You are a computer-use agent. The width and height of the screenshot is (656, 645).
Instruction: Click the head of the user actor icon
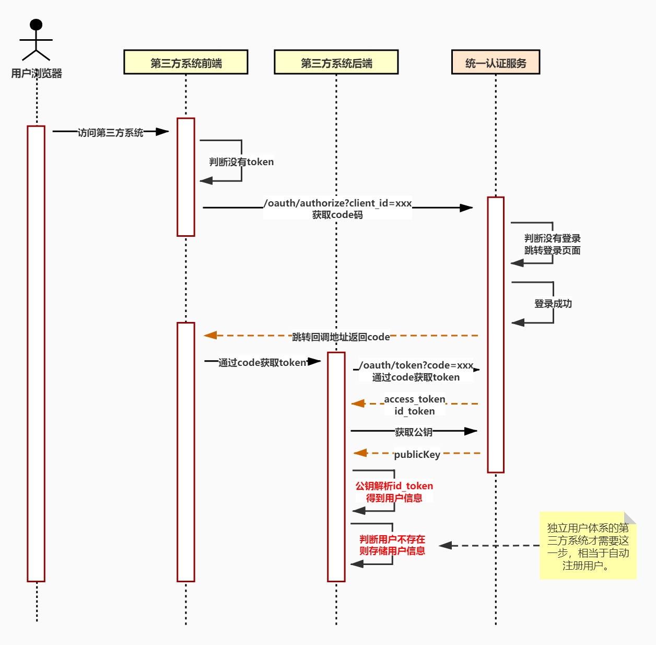pyautogui.click(x=36, y=25)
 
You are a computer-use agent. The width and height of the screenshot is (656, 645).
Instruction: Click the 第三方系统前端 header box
pyautogui.click(x=185, y=62)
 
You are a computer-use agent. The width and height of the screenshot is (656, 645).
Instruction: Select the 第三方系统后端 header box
pyautogui.click(x=336, y=62)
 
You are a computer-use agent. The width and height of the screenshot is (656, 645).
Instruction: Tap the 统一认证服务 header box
pyautogui.click(x=495, y=62)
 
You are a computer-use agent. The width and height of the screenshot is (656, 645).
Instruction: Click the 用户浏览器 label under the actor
pyautogui.click(x=37, y=74)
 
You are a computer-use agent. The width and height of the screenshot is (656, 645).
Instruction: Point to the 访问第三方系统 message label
pyautogui.click(x=110, y=133)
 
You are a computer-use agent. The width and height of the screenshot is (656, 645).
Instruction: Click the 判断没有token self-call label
pyautogui.click(x=241, y=162)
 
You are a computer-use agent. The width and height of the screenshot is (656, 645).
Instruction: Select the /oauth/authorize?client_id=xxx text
pyautogui.click(x=338, y=203)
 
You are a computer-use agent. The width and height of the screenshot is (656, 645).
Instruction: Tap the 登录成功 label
pyautogui.click(x=553, y=304)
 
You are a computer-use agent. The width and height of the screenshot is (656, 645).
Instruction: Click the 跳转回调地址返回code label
pyautogui.click(x=341, y=337)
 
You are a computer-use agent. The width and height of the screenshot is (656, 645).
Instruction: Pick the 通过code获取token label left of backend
pyautogui.click(x=262, y=363)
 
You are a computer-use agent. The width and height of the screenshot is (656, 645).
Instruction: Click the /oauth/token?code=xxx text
pyautogui.click(x=416, y=365)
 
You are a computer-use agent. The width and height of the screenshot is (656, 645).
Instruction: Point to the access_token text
pyautogui.click(x=415, y=399)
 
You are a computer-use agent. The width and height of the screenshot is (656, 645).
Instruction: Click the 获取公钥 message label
pyautogui.click(x=413, y=432)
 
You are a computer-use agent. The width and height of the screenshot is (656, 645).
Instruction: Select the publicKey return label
pyautogui.click(x=417, y=455)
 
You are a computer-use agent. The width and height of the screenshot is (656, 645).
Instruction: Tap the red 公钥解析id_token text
pyautogui.click(x=394, y=486)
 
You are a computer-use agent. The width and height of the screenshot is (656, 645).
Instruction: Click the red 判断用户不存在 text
pyautogui.click(x=392, y=539)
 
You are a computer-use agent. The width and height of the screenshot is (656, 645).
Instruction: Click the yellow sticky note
pyautogui.click(x=588, y=546)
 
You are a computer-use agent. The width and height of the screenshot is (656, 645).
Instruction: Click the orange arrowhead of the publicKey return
pyautogui.click(x=360, y=453)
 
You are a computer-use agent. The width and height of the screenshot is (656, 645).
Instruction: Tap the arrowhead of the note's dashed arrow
pyautogui.click(x=445, y=546)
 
